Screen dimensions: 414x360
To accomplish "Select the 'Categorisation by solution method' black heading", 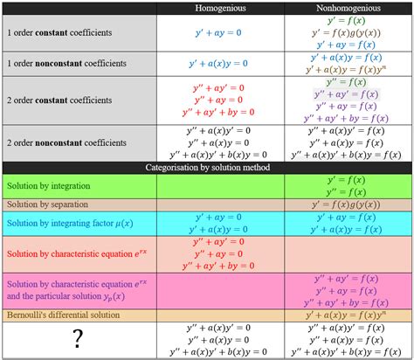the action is pyautogui.click(x=207, y=167).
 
